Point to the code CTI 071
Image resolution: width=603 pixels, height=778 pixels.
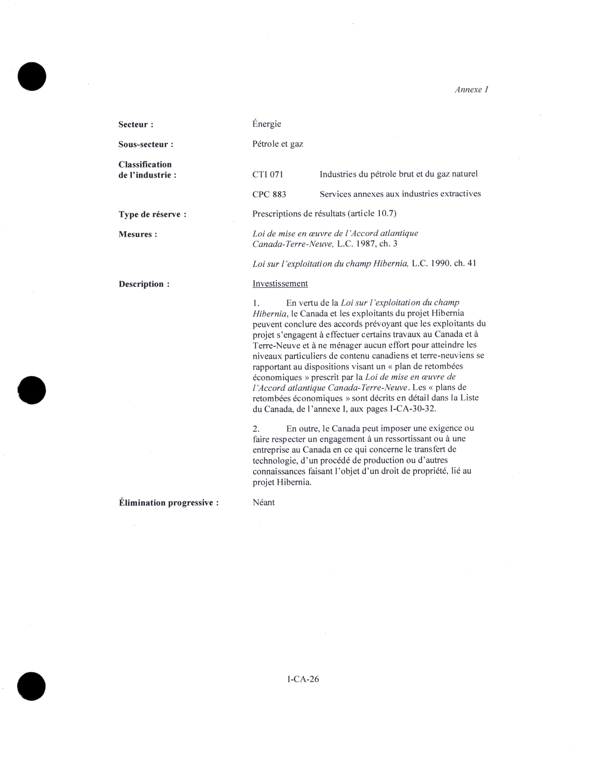coord(268,175)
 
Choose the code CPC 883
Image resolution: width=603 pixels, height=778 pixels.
coord(269,194)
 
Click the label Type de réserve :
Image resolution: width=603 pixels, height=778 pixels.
coord(152,214)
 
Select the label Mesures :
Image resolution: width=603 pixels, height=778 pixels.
coord(138,234)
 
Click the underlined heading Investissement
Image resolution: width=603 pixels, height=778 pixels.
coord(280,284)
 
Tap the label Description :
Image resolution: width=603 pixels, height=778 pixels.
coord(144,284)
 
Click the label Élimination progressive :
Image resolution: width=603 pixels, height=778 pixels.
coord(168,503)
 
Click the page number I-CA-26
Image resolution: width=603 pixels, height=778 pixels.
coord(303,679)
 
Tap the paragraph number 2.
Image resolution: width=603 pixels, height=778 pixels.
coord(256,428)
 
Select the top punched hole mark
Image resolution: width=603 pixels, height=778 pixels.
coord(32,76)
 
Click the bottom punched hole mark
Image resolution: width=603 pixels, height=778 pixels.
coord(31,687)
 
